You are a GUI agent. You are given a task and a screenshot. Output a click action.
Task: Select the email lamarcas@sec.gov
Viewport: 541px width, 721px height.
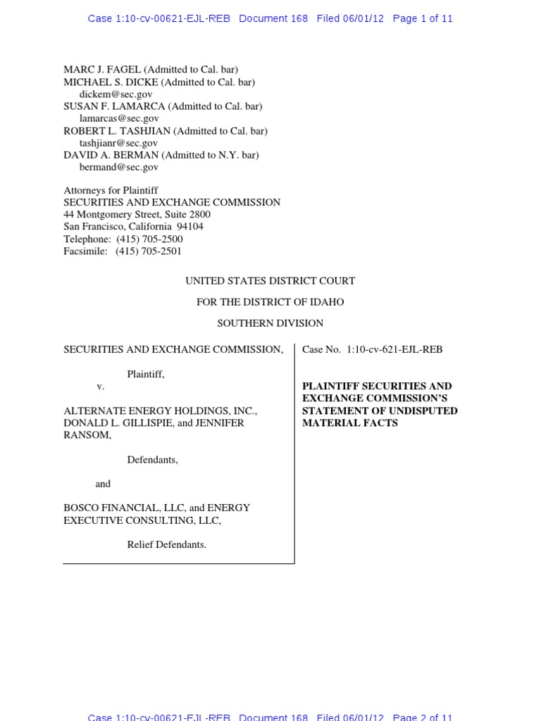pos(118,118)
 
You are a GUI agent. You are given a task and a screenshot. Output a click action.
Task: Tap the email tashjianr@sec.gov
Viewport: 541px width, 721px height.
pos(118,143)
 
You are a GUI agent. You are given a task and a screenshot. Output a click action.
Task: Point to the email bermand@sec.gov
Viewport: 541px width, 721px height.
pos(118,167)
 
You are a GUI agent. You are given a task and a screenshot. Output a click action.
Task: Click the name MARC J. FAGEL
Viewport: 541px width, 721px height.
pos(102,70)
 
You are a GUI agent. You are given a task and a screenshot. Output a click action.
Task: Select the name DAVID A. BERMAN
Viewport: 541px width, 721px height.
pos(111,155)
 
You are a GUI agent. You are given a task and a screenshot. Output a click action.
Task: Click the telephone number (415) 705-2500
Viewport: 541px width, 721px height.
pos(149,239)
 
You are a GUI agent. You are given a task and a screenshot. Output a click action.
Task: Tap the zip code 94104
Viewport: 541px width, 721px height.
pos(189,227)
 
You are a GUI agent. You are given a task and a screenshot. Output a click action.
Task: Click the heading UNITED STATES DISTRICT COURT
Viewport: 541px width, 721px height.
pos(270,281)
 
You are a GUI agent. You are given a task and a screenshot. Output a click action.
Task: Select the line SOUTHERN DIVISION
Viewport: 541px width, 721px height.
pos(270,323)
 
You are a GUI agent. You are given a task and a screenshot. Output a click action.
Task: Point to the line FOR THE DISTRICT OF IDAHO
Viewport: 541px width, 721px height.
pos(270,302)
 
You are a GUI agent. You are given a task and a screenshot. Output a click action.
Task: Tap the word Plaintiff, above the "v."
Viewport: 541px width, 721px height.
pos(145,374)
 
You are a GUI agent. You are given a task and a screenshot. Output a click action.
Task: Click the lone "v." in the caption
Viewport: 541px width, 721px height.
pos(100,387)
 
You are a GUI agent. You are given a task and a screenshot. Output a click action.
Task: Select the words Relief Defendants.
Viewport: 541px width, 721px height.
pos(166,544)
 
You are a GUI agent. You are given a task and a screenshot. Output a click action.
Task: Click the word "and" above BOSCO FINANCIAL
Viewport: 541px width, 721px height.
pos(103,484)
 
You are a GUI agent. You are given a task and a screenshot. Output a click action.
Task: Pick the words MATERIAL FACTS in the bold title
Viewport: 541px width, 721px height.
pos(350,423)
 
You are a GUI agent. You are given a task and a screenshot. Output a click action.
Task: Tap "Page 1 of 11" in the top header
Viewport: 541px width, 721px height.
pos(423,19)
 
